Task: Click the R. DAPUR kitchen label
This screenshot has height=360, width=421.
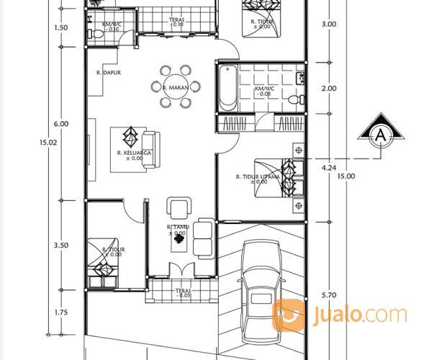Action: tap(107, 73)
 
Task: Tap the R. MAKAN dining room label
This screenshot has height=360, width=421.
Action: tap(175, 87)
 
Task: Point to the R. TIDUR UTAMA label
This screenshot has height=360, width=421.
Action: tap(256, 177)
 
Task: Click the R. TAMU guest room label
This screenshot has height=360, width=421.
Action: tap(176, 229)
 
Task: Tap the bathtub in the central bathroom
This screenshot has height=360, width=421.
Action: tap(227, 88)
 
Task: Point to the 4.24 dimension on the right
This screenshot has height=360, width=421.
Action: tap(330, 168)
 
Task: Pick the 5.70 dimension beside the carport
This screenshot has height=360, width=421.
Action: tap(328, 294)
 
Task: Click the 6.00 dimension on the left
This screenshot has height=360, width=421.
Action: tap(62, 124)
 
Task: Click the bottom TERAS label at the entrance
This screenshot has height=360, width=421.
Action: tap(183, 292)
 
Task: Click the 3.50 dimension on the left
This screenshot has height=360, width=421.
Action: tap(62, 246)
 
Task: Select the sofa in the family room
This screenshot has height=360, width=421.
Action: tap(150, 149)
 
